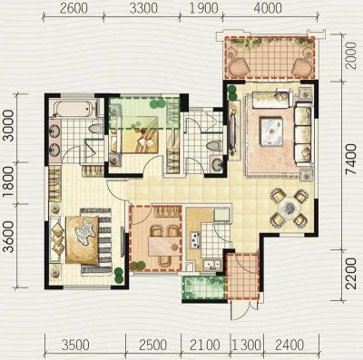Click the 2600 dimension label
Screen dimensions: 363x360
[x=74, y=8]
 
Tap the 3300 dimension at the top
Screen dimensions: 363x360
[x=143, y=8]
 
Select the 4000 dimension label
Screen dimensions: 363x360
[x=268, y=8]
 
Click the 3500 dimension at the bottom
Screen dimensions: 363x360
[x=75, y=345]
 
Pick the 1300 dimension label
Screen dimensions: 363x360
[x=247, y=345]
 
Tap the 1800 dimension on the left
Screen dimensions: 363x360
[x=10, y=182]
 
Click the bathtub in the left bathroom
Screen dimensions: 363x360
[x=72, y=109]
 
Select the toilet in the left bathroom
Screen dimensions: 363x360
[x=95, y=129]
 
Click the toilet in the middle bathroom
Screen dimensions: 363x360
[x=213, y=146]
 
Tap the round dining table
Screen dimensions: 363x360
[x=289, y=209]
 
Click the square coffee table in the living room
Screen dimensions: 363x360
[x=271, y=131]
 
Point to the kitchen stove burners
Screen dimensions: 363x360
[x=194, y=240]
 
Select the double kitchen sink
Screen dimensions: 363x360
[x=211, y=265]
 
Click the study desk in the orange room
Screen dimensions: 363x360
[x=164, y=246]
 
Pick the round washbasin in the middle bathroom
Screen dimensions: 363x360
[x=217, y=165]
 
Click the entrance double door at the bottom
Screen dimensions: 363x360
[x=243, y=309]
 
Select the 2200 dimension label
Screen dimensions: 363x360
[x=350, y=275]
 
